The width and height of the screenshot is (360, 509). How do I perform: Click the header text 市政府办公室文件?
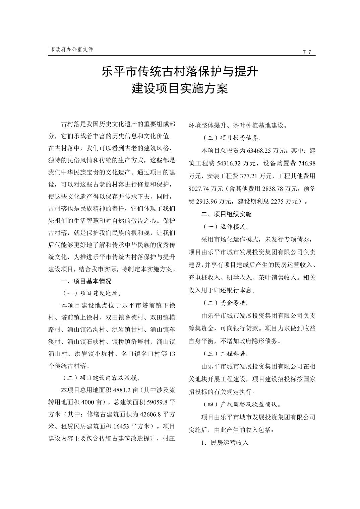point(71,49)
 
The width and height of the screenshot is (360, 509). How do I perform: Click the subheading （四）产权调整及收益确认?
point(242,405)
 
